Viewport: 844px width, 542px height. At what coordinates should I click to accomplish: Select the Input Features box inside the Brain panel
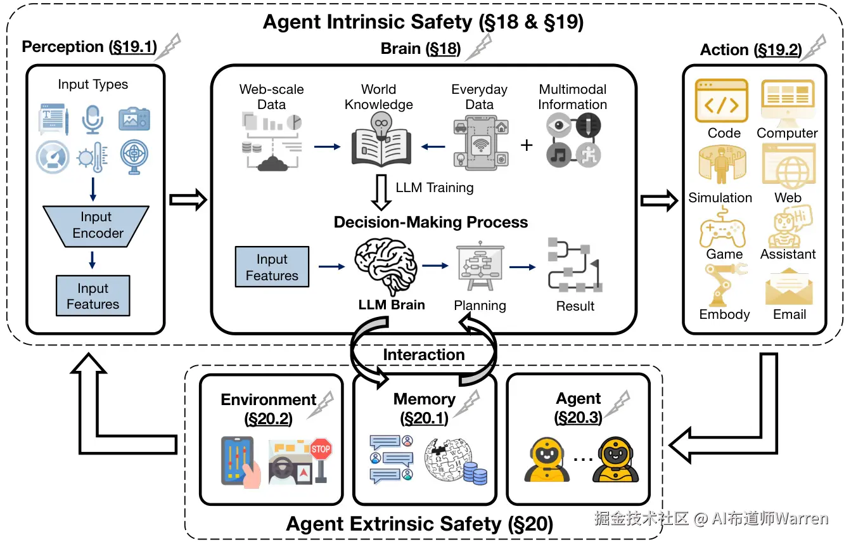272,268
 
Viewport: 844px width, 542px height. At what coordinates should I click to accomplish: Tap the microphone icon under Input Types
93,119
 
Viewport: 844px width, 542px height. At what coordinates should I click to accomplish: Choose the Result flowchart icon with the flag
574,265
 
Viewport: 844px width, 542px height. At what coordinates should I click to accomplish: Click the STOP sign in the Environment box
321,449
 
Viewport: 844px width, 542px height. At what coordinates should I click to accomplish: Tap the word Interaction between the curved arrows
423,354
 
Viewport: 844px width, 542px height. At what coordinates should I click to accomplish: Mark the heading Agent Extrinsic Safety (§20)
419,524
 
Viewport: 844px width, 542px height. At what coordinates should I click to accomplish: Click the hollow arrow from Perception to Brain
188,200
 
